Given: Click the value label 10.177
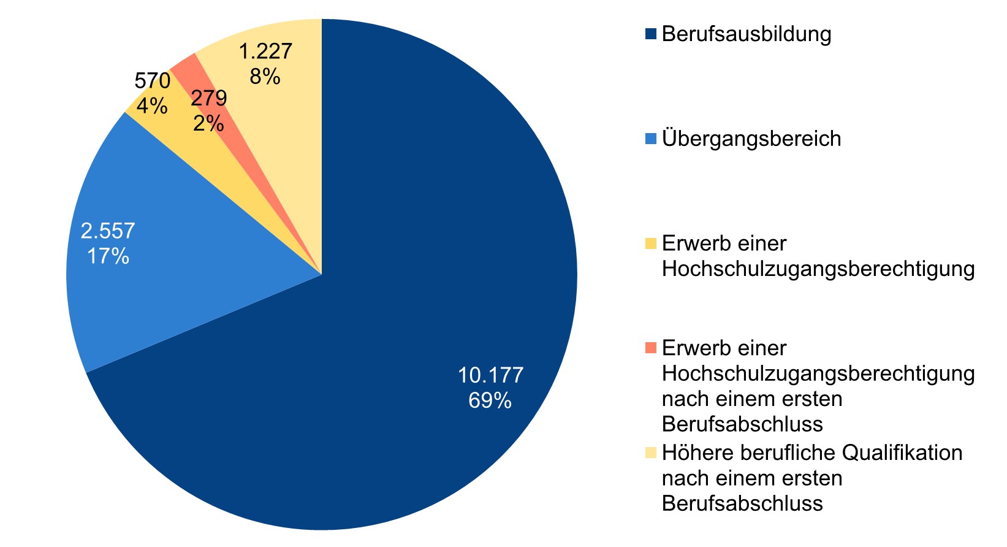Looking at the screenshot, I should pos(490,375).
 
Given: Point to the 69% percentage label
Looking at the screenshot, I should pos(490,400).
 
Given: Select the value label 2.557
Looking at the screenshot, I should pos(108,231).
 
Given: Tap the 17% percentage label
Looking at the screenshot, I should pos(108,256).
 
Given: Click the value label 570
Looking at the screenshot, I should pos(152,80).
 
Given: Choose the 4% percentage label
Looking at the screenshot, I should pos(151,106).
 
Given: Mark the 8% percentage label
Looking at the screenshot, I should pos(265,77).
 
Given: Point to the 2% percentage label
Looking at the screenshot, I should pos(208,124).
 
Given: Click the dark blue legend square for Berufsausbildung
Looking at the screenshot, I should pos(650,34).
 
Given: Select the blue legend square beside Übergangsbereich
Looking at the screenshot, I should pos(650,139).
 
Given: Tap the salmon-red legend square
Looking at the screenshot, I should pos(650,348).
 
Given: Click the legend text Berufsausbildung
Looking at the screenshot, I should pos(747,34).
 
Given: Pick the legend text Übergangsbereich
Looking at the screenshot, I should pos(751,139).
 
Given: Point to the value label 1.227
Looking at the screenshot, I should pos(265,51).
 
